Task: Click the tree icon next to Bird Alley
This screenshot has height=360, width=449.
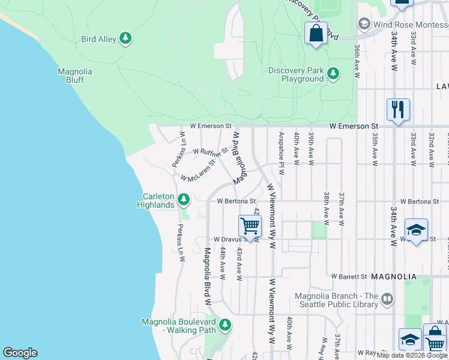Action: pyautogui.click(x=125, y=39)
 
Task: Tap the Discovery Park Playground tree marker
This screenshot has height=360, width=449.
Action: pyautogui.click(x=333, y=74)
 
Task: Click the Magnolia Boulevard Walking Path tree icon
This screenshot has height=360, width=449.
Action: pyautogui.click(x=225, y=325)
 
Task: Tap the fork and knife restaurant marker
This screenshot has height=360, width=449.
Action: pyautogui.click(x=398, y=110)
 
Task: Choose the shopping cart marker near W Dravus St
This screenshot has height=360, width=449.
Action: pyautogui.click(x=250, y=226)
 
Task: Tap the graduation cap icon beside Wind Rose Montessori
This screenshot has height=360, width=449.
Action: pyautogui.click(x=364, y=23)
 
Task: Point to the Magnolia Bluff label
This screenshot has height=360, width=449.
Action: pyautogui.click(x=75, y=76)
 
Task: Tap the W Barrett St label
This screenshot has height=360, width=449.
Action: pyautogui.click(x=349, y=277)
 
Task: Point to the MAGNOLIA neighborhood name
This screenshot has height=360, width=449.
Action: pyautogui.click(x=394, y=277)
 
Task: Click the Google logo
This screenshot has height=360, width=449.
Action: pyautogui.click(x=20, y=353)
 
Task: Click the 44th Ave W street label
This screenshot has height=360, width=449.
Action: pyautogui.click(x=222, y=263)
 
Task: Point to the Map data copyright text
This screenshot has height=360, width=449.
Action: pyautogui.click(x=412, y=355)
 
